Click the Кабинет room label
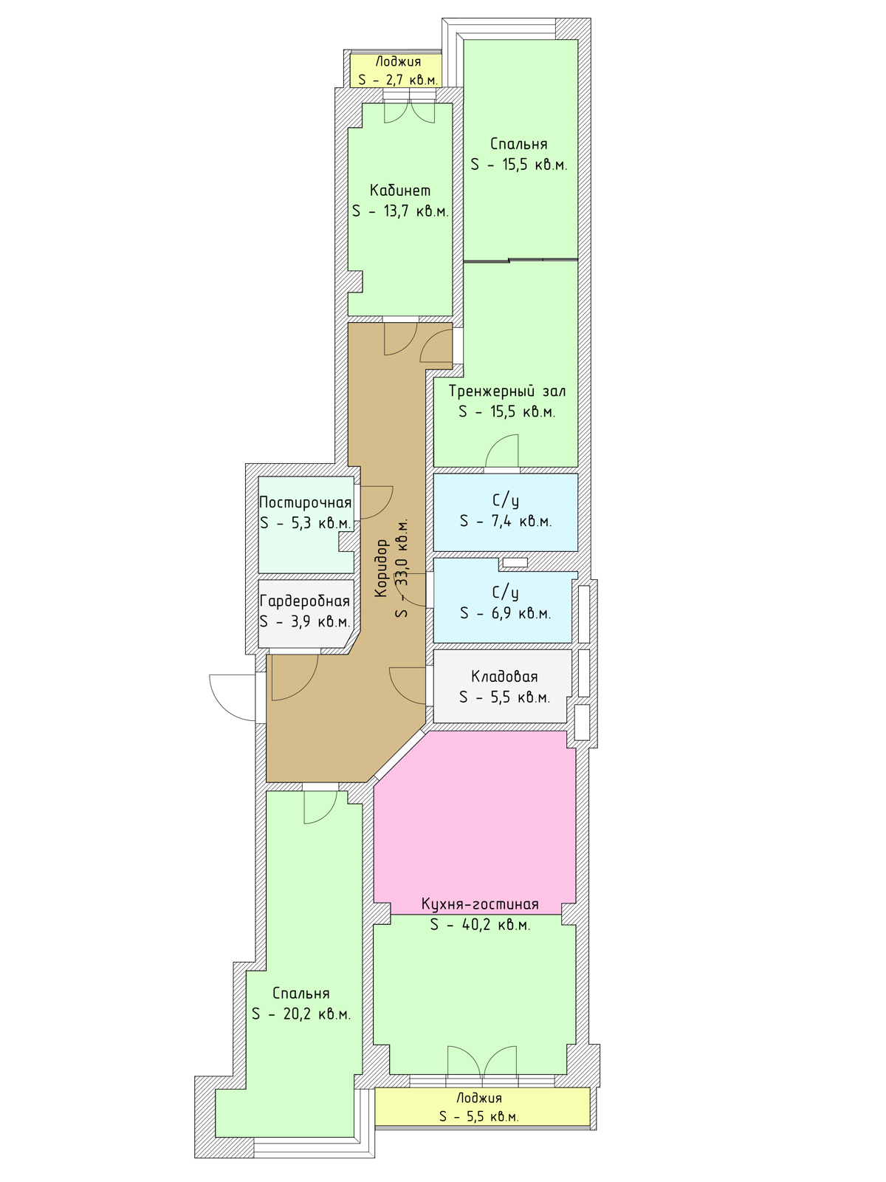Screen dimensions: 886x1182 pyautogui.click(x=399, y=191)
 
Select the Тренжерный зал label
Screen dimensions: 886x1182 pyautogui.click(x=507, y=391)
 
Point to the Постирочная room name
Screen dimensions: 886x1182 pyautogui.click(x=305, y=502)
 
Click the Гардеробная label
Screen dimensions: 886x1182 pyautogui.click(x=305, y=601)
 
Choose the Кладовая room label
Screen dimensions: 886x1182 pyautogui.click(x=504, y=677)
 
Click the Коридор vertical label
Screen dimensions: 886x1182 pyautogui.click(x=381, y=568)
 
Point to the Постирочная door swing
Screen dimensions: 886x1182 pyautogui.click(x=377, y=502)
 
